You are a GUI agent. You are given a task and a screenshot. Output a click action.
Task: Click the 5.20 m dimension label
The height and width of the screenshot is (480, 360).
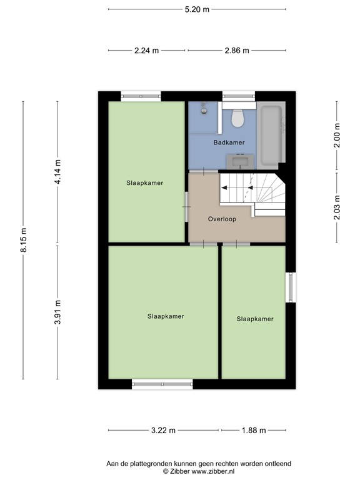coord(197,9)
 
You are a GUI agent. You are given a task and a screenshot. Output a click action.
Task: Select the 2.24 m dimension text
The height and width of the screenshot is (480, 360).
coord(146,51)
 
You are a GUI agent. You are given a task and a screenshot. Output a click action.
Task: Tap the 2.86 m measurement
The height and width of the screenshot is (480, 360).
coord(237,51)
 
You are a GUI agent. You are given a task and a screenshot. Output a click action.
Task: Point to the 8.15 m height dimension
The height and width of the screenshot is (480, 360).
coord(24,240)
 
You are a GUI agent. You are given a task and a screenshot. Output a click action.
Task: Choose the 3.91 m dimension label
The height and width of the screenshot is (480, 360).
coord(58,312)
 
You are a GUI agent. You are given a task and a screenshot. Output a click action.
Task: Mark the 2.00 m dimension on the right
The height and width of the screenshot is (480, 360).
coord(337,136)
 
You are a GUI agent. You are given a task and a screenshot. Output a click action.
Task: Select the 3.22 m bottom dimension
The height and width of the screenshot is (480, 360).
coord(163,430)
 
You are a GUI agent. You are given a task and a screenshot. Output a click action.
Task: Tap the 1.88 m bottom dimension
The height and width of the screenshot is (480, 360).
coord(254,430)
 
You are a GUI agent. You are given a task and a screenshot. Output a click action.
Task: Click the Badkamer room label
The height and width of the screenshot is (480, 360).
coord(229,142)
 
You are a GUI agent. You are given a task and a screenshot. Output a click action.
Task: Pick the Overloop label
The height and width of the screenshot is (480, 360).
coord(221,219)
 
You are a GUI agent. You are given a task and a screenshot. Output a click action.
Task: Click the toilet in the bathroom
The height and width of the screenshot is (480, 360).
coord(237,117)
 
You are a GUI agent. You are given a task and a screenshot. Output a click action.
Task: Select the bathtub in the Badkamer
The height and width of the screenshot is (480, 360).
coord(272,133)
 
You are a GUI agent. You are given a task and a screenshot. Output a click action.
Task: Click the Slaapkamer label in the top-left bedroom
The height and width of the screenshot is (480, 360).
coord(145,183)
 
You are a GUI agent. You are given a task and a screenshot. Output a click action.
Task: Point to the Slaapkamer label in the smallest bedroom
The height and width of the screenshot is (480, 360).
coord(255,319)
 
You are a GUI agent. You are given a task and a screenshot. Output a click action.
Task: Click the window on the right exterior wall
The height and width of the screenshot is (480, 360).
coord(290,287)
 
